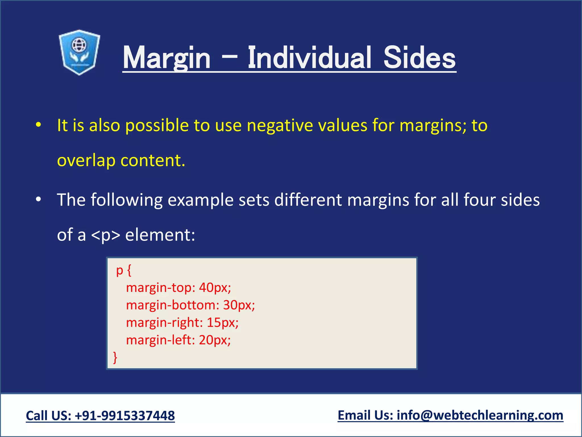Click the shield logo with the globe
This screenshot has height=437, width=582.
tap(79, 52)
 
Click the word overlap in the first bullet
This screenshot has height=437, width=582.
tap(86, 161)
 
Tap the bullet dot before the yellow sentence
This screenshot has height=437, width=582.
tap(39, 125)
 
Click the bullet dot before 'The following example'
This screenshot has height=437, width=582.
tap(39, 200)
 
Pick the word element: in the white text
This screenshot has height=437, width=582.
tap(160, 235)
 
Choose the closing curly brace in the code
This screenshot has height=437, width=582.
tap(115, 357)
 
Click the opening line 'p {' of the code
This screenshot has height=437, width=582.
tap(124, 270)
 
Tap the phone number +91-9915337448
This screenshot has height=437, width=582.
tap(125, 416)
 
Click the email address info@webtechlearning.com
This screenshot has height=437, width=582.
tap(480, 415)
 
